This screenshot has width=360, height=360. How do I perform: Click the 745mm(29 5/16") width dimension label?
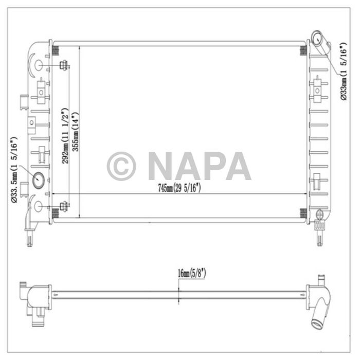179,188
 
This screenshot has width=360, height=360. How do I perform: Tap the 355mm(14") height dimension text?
76,132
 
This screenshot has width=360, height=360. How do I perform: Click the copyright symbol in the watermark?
121,166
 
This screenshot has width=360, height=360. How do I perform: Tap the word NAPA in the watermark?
199,166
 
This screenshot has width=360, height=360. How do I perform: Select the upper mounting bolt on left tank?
64,65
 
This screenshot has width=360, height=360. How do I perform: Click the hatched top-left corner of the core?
56,50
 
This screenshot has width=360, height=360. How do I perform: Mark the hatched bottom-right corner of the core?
303,213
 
